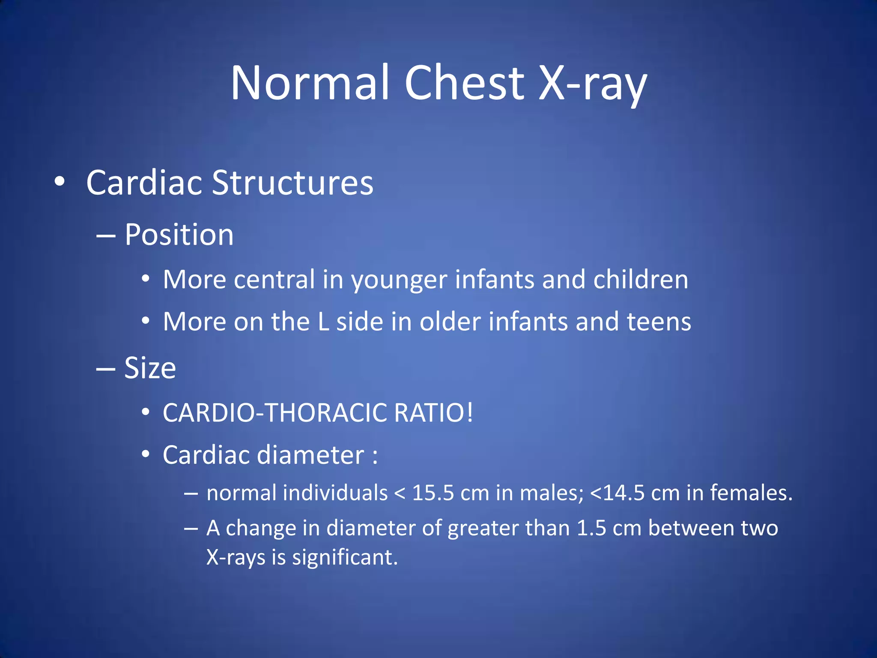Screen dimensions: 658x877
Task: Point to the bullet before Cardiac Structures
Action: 60,182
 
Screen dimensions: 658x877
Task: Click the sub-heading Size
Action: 150,368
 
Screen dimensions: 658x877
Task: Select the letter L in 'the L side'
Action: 323,322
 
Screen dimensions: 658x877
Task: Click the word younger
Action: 399,281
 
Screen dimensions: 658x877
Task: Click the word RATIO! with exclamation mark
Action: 433,413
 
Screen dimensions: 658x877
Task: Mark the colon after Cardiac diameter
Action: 375,456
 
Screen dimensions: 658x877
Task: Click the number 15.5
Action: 433,493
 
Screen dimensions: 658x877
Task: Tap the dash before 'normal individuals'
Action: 191,493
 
